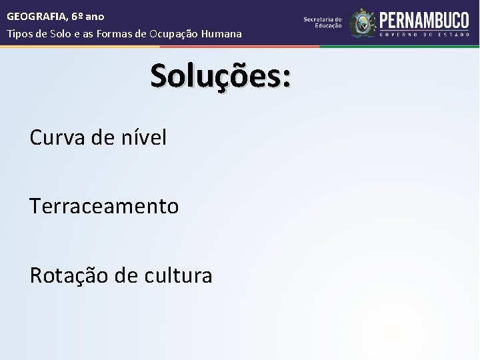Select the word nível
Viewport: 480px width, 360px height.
pos(143,138)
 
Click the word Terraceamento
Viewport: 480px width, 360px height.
pos(104,207)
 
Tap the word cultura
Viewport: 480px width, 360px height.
pos(179,275)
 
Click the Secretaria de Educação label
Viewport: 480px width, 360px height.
pos(323,22)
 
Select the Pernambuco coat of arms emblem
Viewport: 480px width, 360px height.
pos(362,23)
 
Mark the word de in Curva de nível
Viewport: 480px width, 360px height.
pos(105,138)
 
